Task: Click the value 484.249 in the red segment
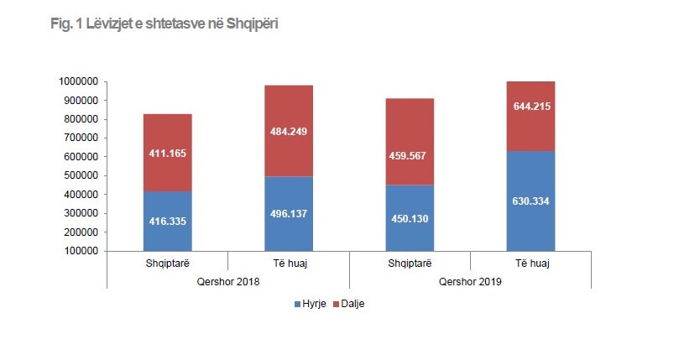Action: pos(289,133)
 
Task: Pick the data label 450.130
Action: pos(410,220)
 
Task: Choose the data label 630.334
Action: pos(530,201)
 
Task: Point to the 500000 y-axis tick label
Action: pos(81,175)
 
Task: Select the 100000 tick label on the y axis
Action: pos(81,251)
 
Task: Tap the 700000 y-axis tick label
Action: pos(81,138)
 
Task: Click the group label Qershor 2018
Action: pos(228,282)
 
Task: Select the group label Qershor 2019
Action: pos(470,282)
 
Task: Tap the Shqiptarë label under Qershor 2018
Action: pos(168,263)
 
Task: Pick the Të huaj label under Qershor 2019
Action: pos(530,263)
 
